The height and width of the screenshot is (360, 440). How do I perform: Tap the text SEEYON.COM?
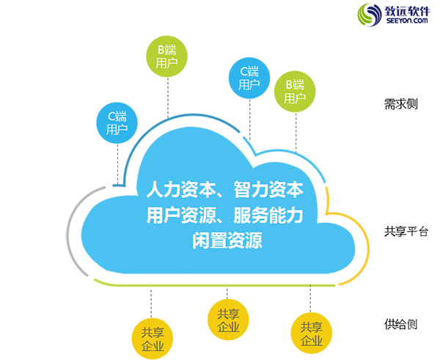[x=407, y=21]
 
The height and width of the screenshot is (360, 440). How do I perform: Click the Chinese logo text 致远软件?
[x=407, y=11]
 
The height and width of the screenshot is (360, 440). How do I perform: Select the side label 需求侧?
[x=400, y=104]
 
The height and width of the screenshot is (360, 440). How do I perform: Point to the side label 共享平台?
[x=406, y=232]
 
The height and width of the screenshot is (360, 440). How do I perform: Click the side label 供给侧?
[x=400, y=324]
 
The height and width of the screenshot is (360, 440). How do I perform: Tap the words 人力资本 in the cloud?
[x=181, y=189]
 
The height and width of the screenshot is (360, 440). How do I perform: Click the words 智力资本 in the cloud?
[x=268, y=189]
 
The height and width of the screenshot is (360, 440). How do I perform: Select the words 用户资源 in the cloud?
[x=181, y=216]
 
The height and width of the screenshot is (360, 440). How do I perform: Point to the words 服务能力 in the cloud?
[x=268, y=216]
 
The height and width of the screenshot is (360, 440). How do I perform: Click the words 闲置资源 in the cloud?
[x=227, y=240]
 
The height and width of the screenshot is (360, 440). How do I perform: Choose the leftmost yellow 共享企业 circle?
[x=153, y=339]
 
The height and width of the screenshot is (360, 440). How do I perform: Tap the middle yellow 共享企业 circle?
[x=228, y=320]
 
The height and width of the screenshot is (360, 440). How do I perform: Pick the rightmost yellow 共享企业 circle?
[x=312, y=334]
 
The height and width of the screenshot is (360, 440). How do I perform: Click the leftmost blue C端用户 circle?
[x=117, y=123]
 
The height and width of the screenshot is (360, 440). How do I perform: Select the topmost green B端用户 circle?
[x=166, y=56]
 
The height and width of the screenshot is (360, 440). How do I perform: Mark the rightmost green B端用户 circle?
[x=295, y=92]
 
